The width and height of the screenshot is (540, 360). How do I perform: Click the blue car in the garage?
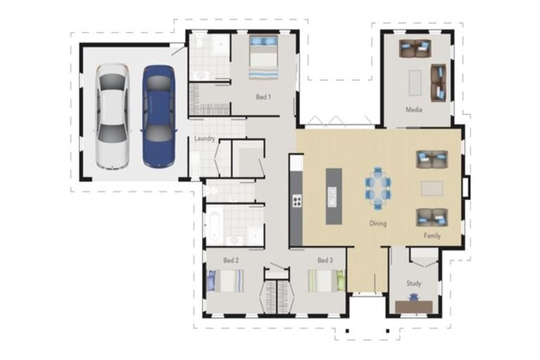point(158,117)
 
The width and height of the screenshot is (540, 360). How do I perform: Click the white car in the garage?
point(112,117)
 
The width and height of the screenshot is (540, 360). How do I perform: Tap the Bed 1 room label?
point(263,97)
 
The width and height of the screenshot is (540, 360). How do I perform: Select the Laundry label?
point(205,139)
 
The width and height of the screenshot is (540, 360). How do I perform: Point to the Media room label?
point(413,110)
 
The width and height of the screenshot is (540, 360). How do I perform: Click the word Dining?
point(378,224)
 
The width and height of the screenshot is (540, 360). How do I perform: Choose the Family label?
point(432,236)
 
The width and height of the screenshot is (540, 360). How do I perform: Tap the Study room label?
point(413,283)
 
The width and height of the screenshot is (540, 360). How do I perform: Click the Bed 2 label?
point(231,260)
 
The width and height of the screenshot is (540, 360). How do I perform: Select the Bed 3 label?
point(325,260)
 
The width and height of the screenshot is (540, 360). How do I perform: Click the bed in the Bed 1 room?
point(264,58)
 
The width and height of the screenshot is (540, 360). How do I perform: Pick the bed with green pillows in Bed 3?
point(326,281)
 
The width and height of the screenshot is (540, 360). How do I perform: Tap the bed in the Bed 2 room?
point(226,281)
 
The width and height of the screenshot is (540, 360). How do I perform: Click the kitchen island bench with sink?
point(334,196)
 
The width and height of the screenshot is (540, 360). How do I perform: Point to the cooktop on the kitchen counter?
point(297,201)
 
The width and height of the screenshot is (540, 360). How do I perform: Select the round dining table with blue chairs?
point(378,188)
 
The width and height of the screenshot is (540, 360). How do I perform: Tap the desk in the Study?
point(413,307)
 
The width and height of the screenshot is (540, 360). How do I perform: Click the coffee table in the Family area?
point(432,188)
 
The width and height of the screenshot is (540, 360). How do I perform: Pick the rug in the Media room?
point(415,83)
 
